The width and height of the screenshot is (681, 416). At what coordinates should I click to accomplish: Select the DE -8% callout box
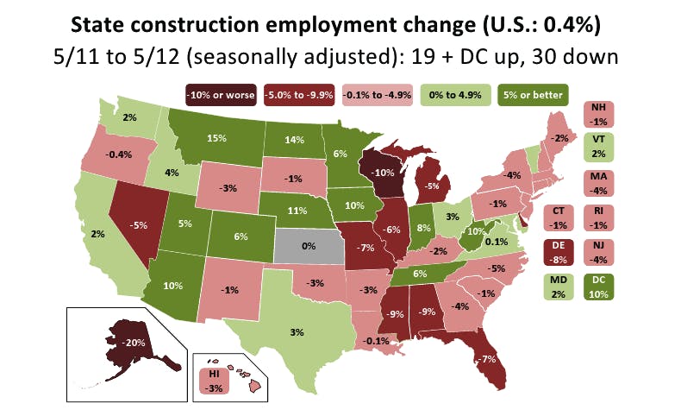tap(559, 250)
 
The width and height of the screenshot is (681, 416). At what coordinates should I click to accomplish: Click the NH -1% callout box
tap(600, 114)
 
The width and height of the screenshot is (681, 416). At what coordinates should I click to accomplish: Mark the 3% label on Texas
tap(296, 331)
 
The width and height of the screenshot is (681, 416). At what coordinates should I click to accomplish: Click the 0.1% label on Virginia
tap(496, 242)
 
